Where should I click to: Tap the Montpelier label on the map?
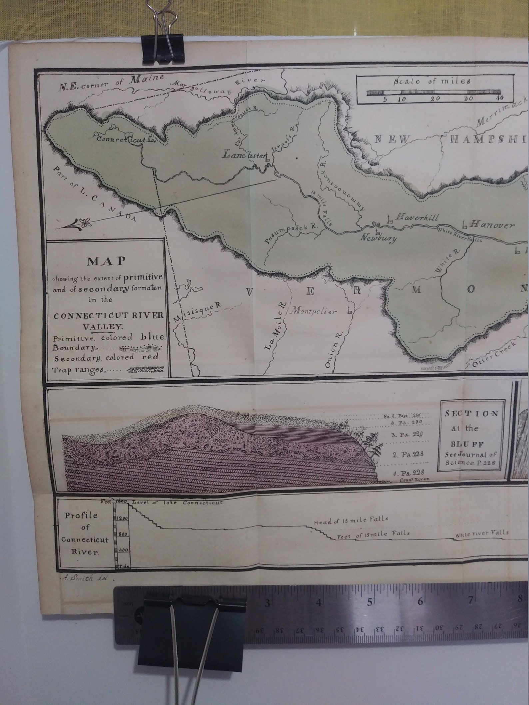click(x=314, y=312)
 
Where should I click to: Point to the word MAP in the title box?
click(x=106, y=261)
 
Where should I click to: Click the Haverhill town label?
click(x=416, y=217)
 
